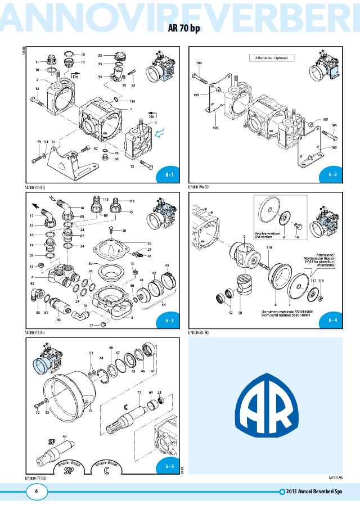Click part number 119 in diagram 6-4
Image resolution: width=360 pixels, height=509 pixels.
pyautogui.click(x=269, y=247)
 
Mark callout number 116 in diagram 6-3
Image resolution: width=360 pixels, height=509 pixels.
pyautogui.click(x=132, y=201)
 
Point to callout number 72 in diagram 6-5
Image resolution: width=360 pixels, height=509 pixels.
pyautogui.click(x=139, y=391)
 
